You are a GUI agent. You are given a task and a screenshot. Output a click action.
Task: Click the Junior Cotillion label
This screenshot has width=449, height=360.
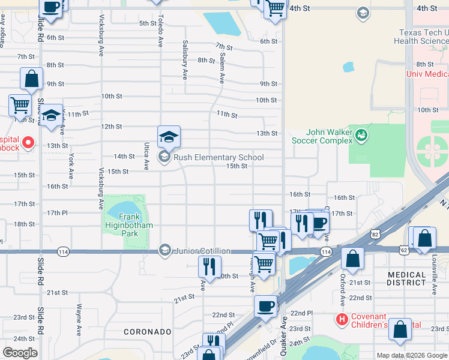(202, 251)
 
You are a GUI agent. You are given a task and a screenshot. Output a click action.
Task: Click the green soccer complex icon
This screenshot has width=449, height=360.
(360, 135)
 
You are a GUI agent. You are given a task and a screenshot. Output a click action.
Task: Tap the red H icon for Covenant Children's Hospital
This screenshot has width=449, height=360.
(342, 318)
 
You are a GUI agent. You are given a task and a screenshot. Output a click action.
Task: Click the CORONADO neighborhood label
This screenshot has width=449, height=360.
(148, 331)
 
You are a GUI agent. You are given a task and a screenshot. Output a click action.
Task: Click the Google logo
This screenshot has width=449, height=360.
(20, 353)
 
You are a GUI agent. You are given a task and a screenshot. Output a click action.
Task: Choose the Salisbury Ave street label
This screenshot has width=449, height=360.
(184, 60)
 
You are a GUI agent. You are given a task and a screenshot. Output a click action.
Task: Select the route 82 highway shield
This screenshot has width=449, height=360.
(375, 232)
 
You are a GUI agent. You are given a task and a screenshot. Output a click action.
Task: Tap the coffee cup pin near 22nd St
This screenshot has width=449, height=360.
(265, 306)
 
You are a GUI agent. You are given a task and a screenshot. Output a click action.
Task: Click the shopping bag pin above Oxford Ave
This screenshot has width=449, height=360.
(352, 259)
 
